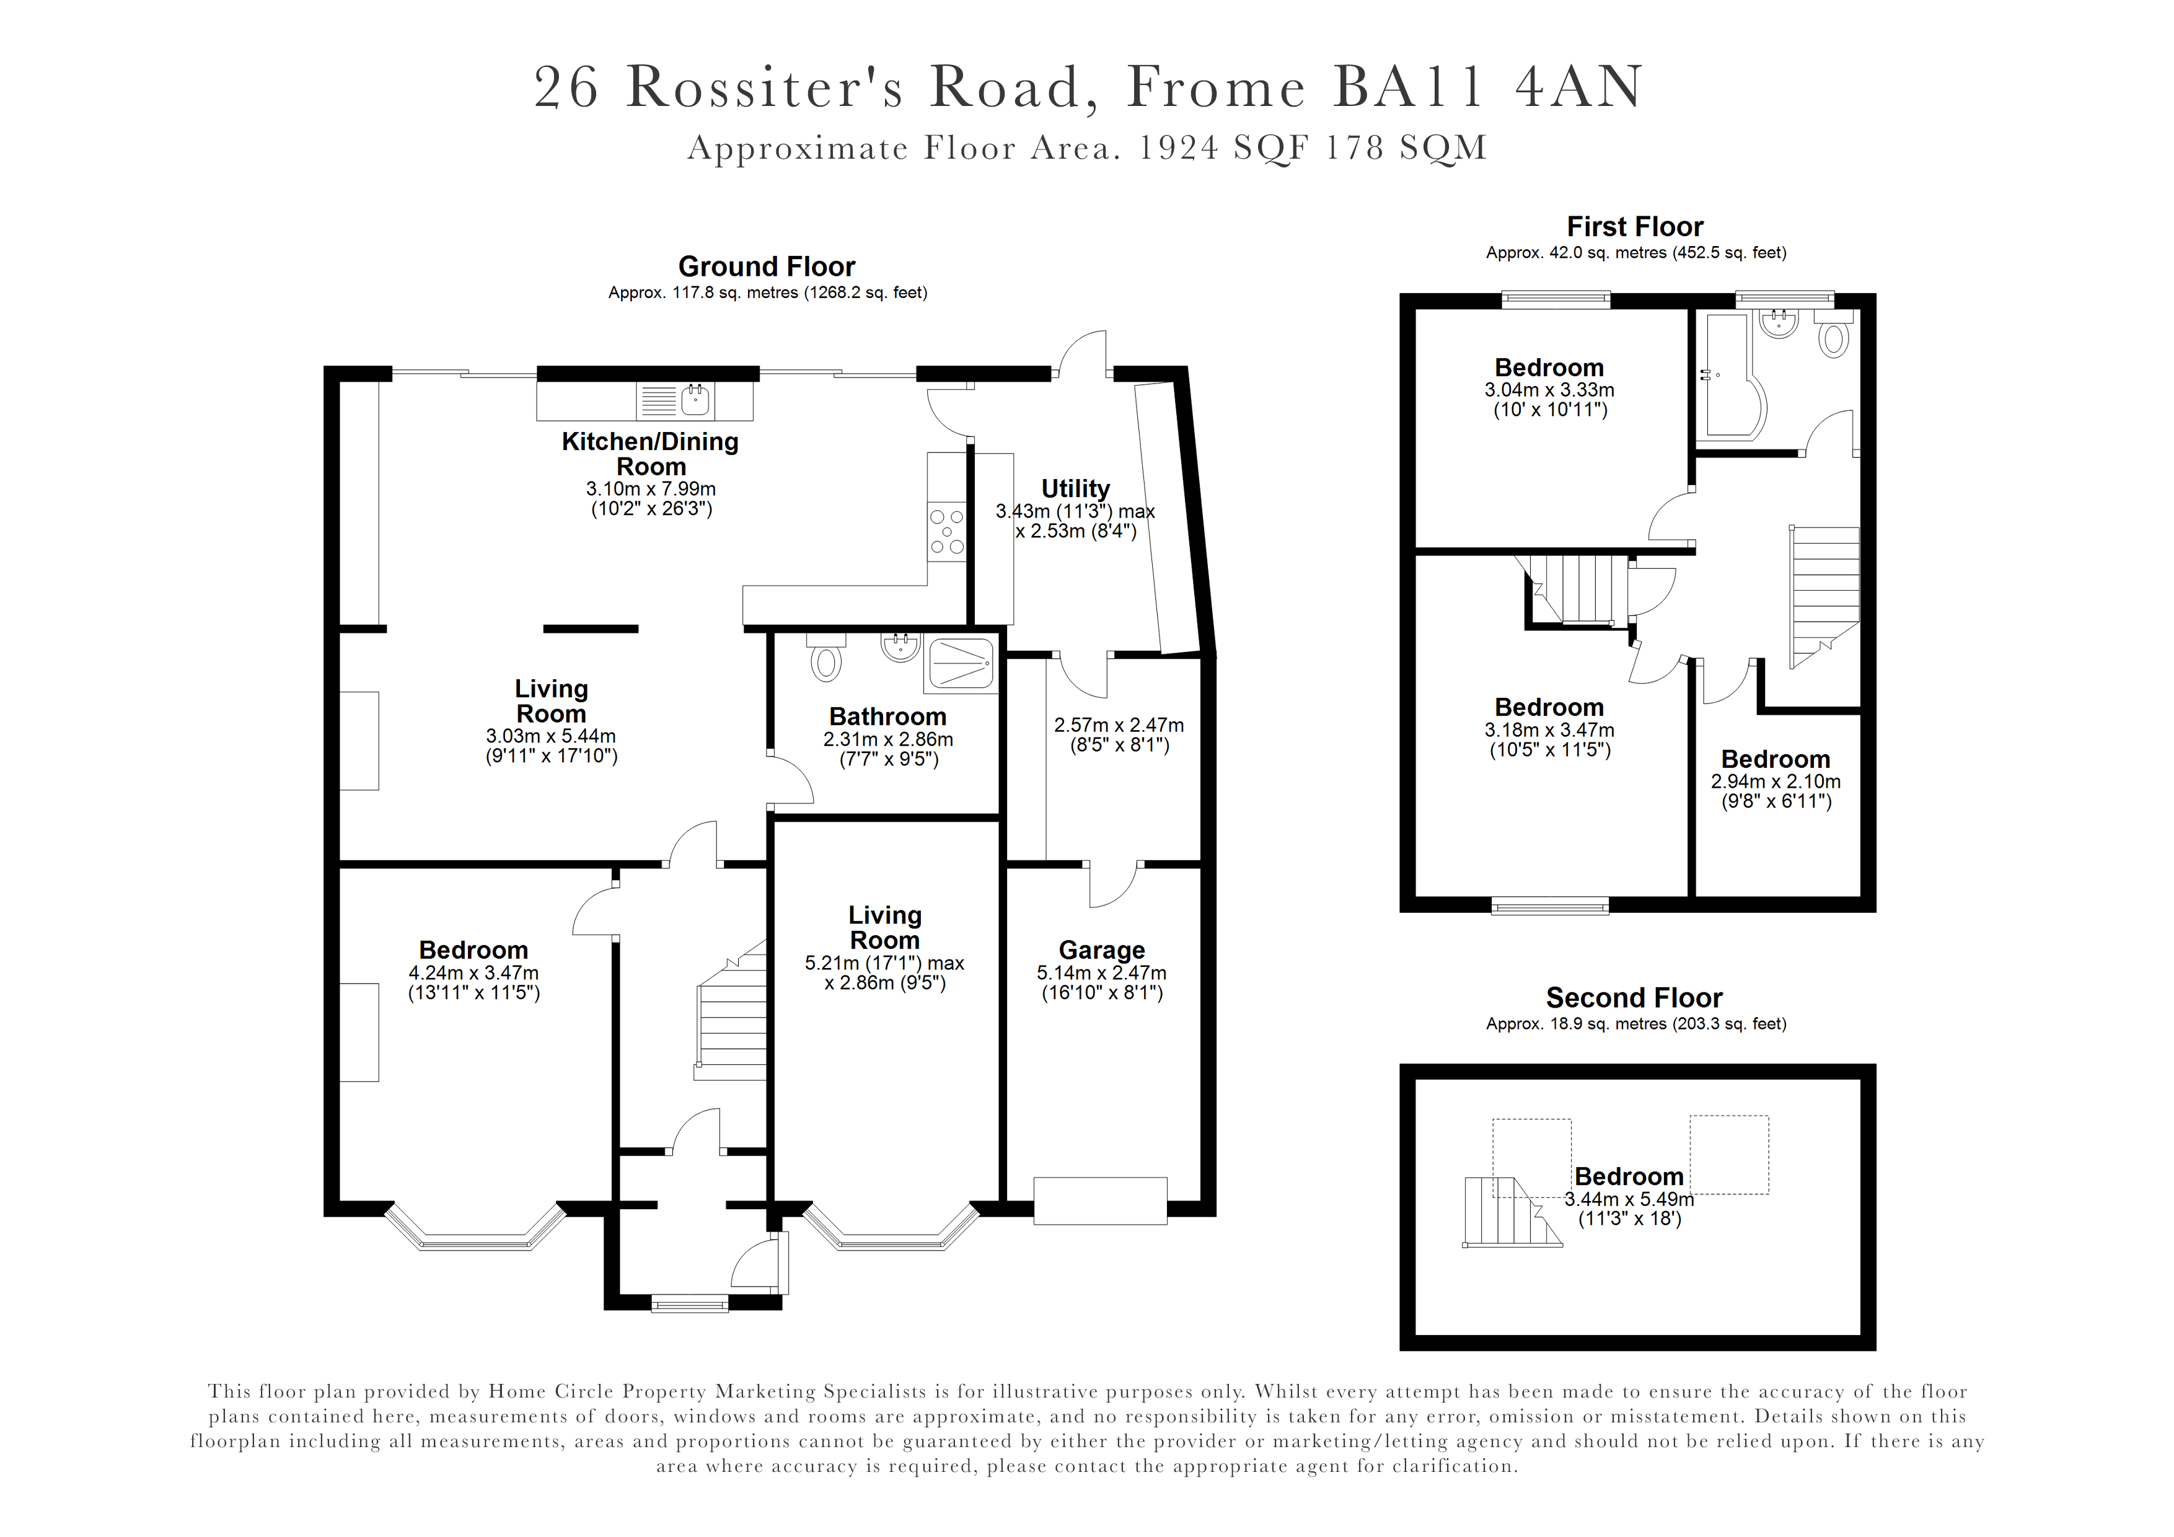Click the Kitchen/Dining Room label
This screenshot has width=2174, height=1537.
[x=651, y=454]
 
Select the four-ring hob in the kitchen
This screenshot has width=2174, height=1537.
[x=947, y=531]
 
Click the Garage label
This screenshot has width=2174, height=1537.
[x=1101, y=950]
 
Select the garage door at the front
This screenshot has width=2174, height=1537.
[x=1099, y=1201]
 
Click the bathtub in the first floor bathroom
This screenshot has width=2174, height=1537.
[x=1730, y=379]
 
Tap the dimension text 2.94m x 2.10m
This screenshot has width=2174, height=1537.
[x=1776, y=782]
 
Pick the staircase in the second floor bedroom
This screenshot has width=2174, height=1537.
[x=1507, y=1213]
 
